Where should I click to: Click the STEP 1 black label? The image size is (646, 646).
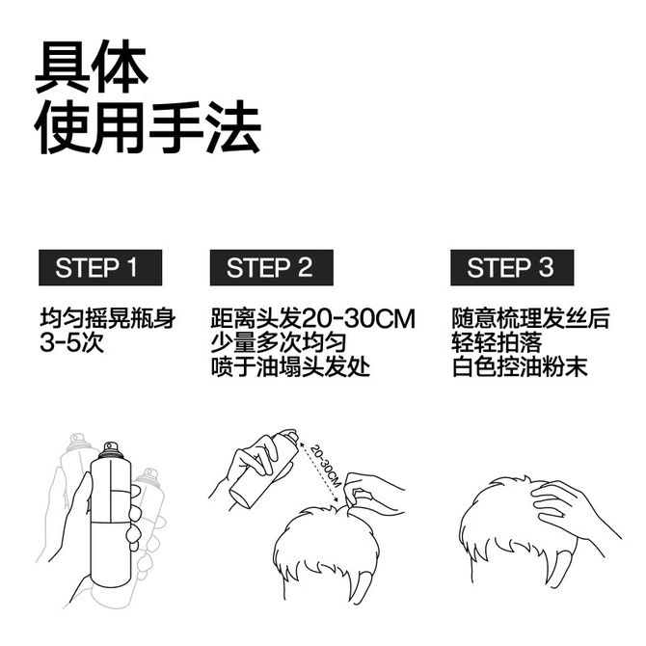click(x=100, y=267)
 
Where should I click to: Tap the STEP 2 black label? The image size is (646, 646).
click(x=272, y=267)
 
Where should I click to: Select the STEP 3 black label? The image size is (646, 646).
click(x=512, y=267)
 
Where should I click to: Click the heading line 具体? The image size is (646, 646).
click(x=92, y=66)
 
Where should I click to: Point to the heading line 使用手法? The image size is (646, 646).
click(x=148, y=127)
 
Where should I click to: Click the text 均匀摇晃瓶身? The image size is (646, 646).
click(x=108, y=318)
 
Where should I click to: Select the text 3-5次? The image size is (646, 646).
click(x=71, y=342)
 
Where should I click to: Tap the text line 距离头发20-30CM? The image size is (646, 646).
click(x=313, y=318)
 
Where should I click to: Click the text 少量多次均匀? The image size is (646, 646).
click(x=279, y=342)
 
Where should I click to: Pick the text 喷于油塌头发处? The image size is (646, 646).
click(x=290, y=366)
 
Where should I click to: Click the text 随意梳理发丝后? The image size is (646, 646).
click(x=530, y=318)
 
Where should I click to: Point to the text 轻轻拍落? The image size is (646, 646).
click(x=497, y=342)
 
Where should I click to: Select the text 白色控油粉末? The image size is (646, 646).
click(x=520, y=366)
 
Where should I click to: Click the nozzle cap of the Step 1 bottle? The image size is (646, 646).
click(x=111, y=450)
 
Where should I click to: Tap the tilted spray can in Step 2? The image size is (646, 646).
click(x=264, y=469)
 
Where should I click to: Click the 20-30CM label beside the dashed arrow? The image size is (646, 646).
click(x=326, y=466)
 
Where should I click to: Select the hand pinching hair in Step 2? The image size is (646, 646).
click(x=371, y=493)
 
